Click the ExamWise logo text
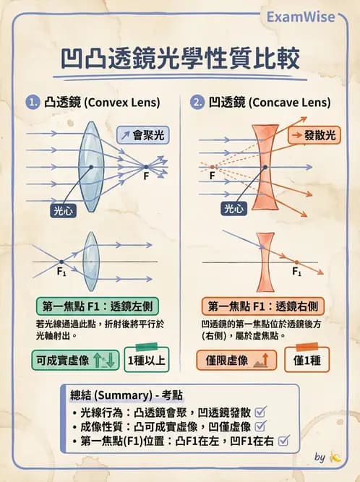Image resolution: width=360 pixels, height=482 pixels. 300,17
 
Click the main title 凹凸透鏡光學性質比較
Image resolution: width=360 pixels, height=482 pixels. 180,59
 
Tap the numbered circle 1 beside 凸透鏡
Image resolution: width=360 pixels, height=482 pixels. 33,102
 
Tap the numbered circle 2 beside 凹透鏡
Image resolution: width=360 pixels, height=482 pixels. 197,102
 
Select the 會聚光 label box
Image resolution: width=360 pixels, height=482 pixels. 143,135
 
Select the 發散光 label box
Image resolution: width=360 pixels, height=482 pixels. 314,135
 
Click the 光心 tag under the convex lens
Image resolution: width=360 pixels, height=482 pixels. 64,211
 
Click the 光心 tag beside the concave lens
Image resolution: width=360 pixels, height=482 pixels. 234,209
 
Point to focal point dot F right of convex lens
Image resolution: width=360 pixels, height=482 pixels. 146,167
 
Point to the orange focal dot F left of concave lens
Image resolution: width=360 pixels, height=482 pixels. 212,167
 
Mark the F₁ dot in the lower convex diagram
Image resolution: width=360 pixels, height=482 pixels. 61,262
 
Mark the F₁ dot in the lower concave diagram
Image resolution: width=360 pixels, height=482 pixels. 296,262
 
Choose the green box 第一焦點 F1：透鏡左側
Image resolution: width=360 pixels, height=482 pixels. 98,306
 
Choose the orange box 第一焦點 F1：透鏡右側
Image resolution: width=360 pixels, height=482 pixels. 263,306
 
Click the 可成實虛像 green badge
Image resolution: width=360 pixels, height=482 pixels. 75,360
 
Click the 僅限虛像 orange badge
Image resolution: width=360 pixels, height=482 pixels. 236,360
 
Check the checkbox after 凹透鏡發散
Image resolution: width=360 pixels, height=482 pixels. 260,412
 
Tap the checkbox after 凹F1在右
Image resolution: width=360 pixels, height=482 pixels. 283,441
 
